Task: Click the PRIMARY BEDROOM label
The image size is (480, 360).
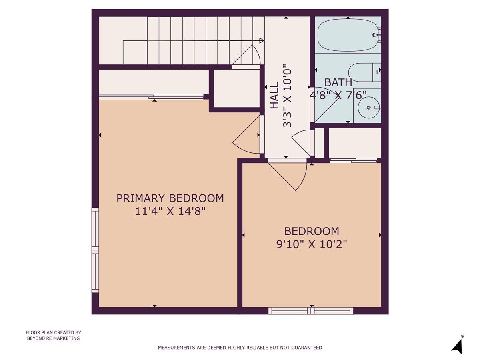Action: [170, 198]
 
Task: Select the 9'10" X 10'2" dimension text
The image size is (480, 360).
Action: [312, 244]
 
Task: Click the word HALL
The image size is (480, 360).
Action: [274, 96]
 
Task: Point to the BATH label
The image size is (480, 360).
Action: [338, 83]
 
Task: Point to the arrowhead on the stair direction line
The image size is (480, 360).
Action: [262, 40]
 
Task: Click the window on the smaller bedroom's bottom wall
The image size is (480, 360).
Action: [311, 310]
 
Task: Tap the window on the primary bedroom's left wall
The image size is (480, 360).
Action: [95, 250]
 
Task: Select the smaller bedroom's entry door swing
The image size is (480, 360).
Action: [290, 174]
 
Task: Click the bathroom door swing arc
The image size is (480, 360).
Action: [326, 106]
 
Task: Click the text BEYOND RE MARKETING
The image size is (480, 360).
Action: [53, 338]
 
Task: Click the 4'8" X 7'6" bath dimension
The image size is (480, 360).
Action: [338, 95]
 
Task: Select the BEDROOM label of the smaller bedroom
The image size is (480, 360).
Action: [312, 231]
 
